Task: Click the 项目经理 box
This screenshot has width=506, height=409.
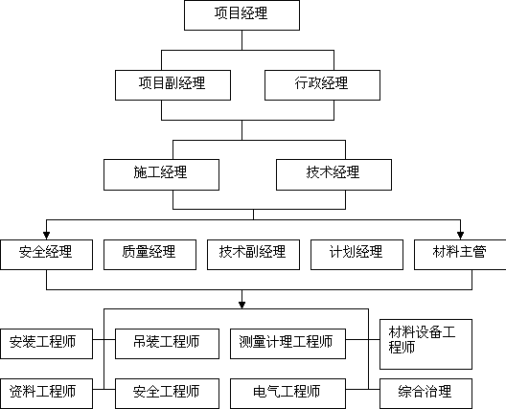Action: pyautogui.click(x=241, y=15)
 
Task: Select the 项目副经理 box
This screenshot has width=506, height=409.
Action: pyautogui.click(x=172, y=85)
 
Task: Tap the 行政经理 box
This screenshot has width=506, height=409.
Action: pyautogui.click(x=322, y=85)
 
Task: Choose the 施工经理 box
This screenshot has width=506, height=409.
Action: pyautogui.click(x=161, y=174)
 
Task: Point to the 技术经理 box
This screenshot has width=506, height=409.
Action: pyautogui.click(x=334, y=174)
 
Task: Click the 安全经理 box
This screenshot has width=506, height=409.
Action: pyautogui.click(x=46, y=255)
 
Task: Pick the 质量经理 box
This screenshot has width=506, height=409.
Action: pyautogui.click(x=149, y=255)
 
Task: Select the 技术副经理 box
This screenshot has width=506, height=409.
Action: pyautogui.click(x=253, y=255)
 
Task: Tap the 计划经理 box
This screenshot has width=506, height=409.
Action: pyautogui.click(x=356, y=255)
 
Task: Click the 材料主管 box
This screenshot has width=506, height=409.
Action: pyautogui.click(x=460, y=255)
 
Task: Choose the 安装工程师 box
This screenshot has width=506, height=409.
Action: pyautogui.click(x=46, y=344)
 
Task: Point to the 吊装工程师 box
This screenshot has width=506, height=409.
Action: pyautogui.click(x=167, y=344)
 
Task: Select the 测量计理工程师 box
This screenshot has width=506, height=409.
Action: pyautogui.click(x=287, y=344)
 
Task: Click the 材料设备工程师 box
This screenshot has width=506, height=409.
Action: pyautogui.click(x=425, y=344)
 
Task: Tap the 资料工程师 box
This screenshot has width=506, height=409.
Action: pyautogui.click(x=46, y=394)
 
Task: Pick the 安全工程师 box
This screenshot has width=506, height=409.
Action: pyautogui.click(x=167, y=394)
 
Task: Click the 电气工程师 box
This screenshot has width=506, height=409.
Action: pyautogui.click(x=287, y=394)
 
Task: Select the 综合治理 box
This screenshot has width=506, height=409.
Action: pyautogui.click(x=425, y=394)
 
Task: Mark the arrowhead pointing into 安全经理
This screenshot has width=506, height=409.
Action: pyautogui.click(x=46, y=236)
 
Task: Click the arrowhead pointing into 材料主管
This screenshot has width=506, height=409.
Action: pyautogui.click(x=461, y=236)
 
